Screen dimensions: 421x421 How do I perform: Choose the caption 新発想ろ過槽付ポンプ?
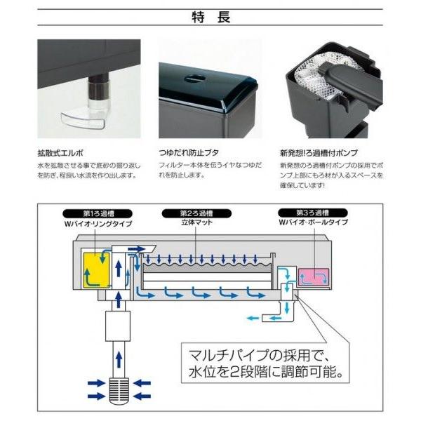319,151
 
